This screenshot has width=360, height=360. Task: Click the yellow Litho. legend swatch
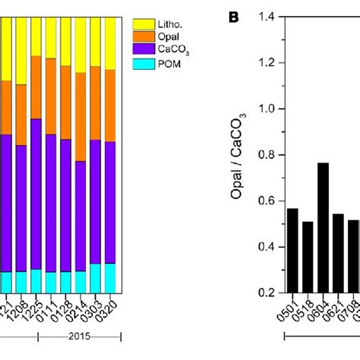click(x=143, y=25)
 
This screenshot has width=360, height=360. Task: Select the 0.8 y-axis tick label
click(x=270, y=155)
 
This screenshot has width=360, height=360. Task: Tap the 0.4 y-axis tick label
click(x=270, y=247)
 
